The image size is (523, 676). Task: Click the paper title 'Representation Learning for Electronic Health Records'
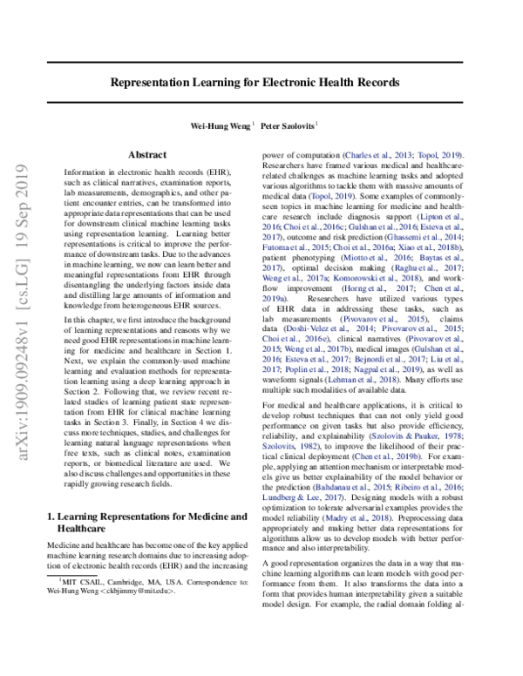255,83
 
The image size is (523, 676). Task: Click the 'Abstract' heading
146,154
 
